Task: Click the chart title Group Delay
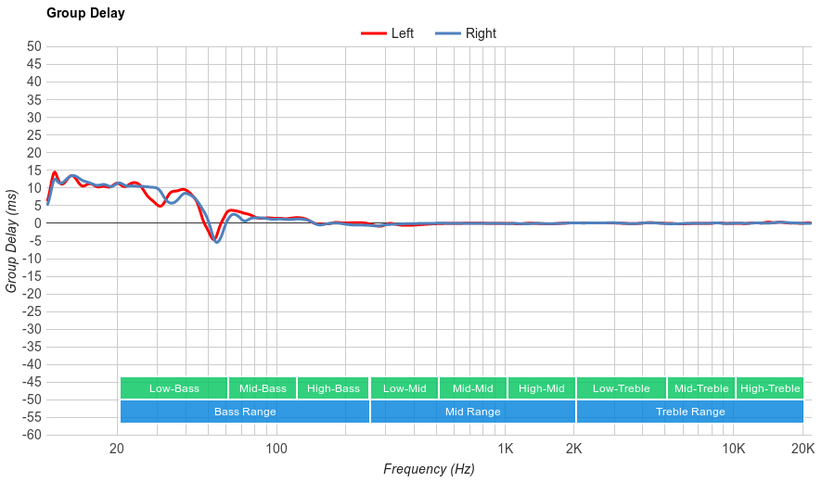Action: pos(85,14)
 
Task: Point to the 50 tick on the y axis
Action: pos(34,46)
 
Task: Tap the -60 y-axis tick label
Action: pos(31,435)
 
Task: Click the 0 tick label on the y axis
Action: pos(37,223)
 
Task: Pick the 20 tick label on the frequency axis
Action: pos(117,450)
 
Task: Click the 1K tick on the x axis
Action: pos(506,450)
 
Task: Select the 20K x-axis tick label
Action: pos(803,450)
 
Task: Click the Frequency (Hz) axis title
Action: pos(429,469)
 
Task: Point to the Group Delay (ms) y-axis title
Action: pos(12,241)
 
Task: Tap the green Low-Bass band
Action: pos(173,388)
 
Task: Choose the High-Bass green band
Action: pos(333,388)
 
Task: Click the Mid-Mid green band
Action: pos(473,388)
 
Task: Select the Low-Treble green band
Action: pos(621,388)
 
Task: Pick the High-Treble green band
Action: pos(769,388)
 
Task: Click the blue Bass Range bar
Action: pos(245,412)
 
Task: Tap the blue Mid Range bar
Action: pos(472,412)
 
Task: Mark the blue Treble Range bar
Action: pos(689,412)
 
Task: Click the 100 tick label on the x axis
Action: pos(276,450)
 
